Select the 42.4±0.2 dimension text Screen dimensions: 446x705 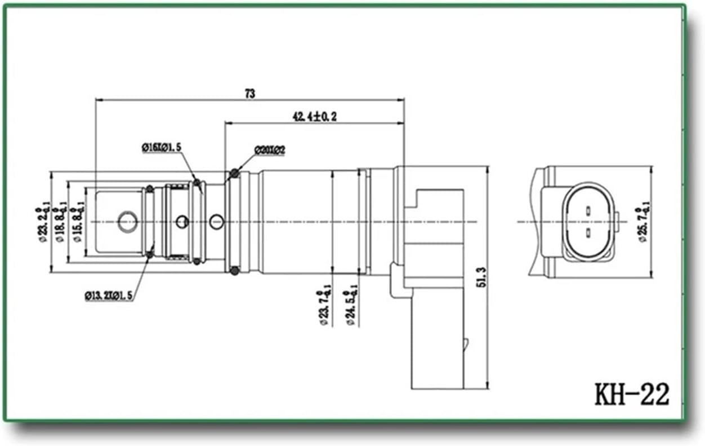pos(314,117)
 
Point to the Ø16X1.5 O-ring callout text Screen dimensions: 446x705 pos(161,147)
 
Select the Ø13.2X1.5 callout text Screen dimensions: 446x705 pos(109,295)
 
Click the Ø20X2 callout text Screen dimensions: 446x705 pos(270,151)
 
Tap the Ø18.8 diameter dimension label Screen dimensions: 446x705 pos(60,223)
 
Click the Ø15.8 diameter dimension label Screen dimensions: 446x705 pos(78,223)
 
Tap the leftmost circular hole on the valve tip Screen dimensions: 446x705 pos(127,222)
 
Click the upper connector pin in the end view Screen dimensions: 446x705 pos(587,211)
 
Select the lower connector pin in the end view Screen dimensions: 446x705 pos(587,232)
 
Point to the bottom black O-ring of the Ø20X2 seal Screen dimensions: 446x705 pos(235,271)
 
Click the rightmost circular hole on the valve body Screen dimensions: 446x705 pos(216,222)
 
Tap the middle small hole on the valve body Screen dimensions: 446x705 pos(182,222)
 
